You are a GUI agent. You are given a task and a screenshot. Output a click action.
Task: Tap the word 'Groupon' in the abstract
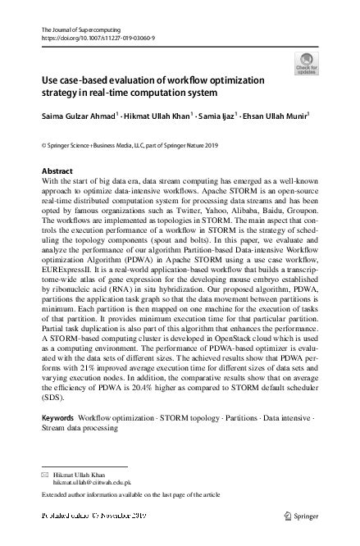click(x=292, y=211)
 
